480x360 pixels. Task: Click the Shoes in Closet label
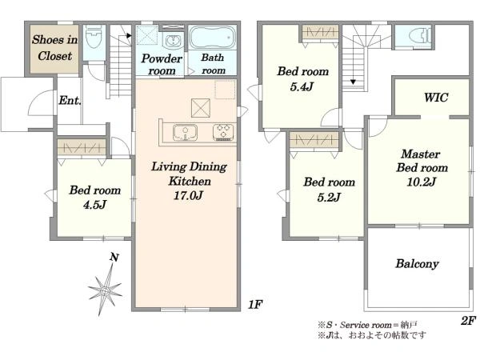point(54,48)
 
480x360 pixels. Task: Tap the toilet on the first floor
point(94,37)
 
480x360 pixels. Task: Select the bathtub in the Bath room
point(213,38)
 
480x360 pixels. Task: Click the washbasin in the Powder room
point(174,41)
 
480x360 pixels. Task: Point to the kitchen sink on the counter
point(186,132)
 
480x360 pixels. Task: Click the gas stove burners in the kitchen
point(223,132)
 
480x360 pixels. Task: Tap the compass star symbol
point(105,290)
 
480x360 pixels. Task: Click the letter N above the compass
point(114,257)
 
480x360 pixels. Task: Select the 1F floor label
point(255,304)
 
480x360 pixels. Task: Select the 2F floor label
point(468,321)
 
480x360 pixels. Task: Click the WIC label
point(436,98)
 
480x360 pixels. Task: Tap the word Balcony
point(418,263)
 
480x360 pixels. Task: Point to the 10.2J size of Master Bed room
point(422,182)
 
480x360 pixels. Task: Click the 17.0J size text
point(188,195)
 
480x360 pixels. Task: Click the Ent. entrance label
point(70,100)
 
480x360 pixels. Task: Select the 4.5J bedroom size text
point(94,205)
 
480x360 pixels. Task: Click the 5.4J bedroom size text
point(302,86)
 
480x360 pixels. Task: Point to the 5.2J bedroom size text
point(329,197)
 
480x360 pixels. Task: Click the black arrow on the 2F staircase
point(354,82)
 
